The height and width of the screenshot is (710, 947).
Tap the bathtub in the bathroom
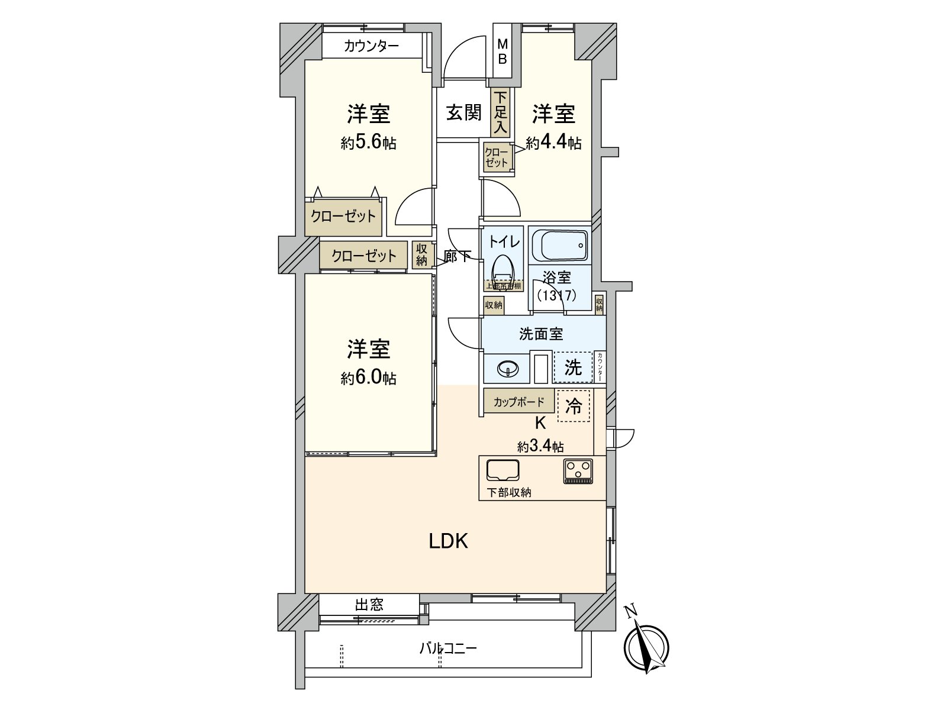coord(560,244)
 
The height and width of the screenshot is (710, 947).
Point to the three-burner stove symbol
coord(578,472)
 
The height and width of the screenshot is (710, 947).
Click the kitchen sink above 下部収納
coord(503,470)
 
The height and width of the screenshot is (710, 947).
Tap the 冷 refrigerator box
coord(574,405)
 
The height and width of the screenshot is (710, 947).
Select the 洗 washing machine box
coord(572,367)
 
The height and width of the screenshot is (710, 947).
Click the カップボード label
coord(519,402)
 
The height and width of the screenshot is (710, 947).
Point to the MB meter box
coord(502,51)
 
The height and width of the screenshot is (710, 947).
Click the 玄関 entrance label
coord(463,112)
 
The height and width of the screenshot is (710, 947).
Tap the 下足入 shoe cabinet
coord(500,112)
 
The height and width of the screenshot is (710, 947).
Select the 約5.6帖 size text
coord(368,143)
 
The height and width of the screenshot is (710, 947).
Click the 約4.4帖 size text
coord(553,143)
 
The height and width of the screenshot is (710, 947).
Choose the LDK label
coord(449,541)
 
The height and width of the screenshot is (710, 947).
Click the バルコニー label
coord(448,648)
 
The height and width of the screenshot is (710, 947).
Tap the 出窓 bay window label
coord(369,605)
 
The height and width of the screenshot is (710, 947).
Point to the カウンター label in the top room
coord(371,46)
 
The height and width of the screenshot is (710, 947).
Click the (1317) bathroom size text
coord(556,295)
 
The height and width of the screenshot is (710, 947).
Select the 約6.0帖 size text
coord(368,379)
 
